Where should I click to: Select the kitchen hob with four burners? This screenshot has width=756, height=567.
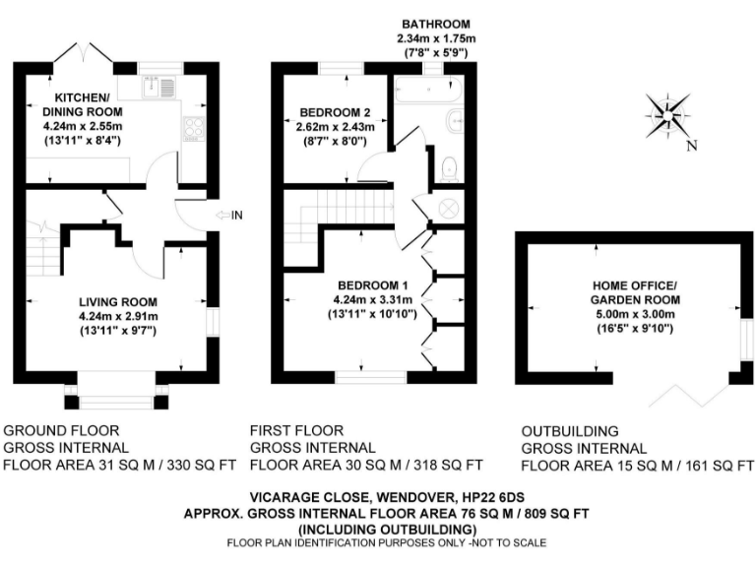point(192,127)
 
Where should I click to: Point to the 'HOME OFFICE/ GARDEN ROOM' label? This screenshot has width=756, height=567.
point(634,291)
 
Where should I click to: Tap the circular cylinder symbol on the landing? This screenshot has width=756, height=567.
point(448,209)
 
